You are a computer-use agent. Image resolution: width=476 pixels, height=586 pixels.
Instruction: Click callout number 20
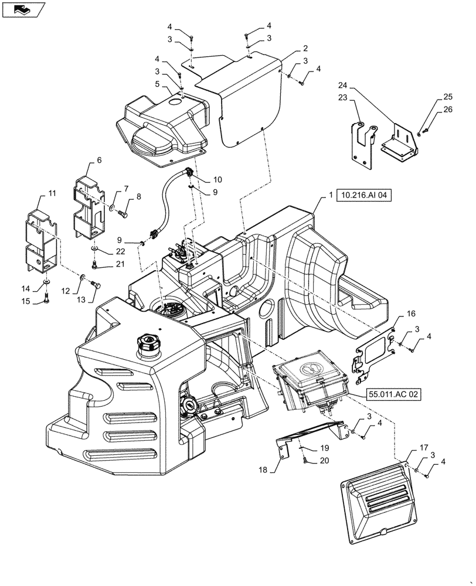pyautogui.click(x=324, y=461)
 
